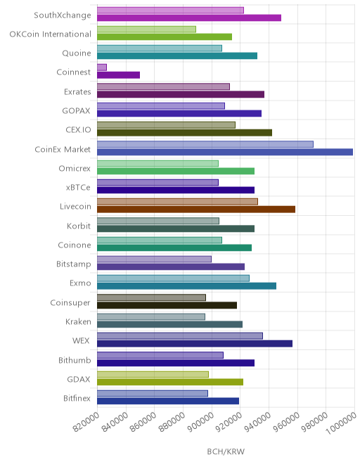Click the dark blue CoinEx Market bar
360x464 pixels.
click(225, 152)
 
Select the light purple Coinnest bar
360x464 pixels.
click(102, 67)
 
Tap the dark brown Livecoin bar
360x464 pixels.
click(196, 210)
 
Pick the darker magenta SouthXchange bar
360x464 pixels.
click(189, 18)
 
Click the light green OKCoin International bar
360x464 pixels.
click(146, 30)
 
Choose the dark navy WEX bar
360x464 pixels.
click(195, 344)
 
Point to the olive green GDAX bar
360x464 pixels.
click(170, 382)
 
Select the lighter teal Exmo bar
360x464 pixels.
click(173, 278)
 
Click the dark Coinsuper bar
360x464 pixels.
click(167, 305)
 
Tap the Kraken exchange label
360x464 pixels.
click(78, 322)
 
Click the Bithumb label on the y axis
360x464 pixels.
click(75, 360)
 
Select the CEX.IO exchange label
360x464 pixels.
click(78, 130)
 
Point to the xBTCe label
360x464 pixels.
click(78, 188)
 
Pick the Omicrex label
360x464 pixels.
click(75, 169)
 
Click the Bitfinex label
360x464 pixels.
click(77, 399)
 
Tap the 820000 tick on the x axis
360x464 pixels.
click(86, 423)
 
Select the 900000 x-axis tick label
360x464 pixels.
click(200, 423)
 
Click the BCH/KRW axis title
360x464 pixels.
click(226, 451)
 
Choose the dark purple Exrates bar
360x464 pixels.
click(181, 94)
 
